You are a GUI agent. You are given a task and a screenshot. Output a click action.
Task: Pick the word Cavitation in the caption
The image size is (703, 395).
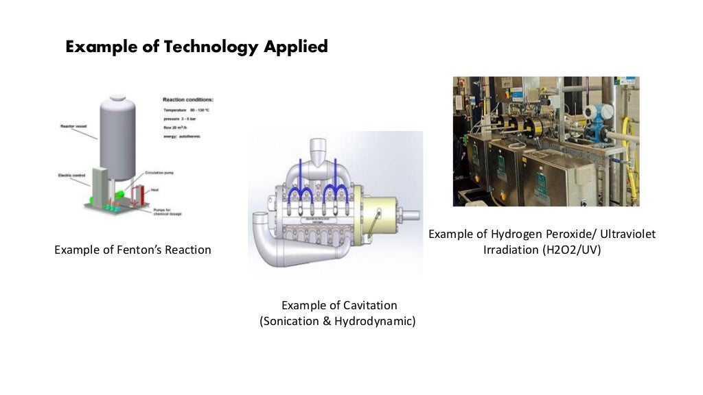[x=369, y=305]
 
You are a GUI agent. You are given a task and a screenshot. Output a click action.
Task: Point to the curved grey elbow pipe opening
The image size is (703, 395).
[x=260, y=226]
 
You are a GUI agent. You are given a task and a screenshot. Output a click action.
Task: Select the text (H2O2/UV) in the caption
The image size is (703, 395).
[x=569, y=250]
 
